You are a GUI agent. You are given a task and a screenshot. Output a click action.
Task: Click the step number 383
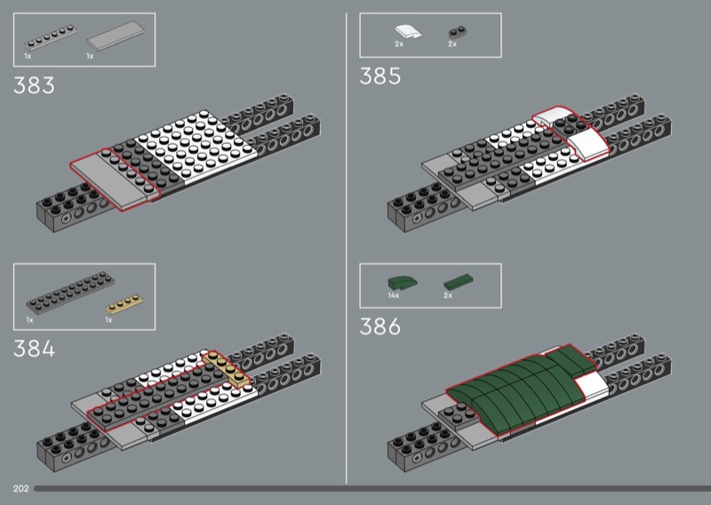point(34,86)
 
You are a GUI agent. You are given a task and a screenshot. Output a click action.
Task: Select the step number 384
point(34,348)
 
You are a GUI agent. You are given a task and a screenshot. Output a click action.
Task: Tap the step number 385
point(380,76)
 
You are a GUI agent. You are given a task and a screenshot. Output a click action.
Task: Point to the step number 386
point(380,327)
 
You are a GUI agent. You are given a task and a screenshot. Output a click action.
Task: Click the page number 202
point(20,488)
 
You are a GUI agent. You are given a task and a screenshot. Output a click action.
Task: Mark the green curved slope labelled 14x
point(403,281)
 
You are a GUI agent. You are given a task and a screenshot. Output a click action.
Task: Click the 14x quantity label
point(394,294)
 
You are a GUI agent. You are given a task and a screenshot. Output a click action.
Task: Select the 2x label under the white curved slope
point(398,44)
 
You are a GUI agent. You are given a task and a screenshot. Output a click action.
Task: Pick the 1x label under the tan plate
point(108,319)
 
